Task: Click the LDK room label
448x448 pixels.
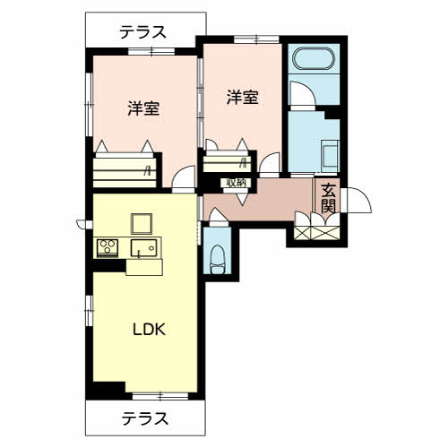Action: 149,330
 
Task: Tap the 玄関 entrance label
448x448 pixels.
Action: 328,198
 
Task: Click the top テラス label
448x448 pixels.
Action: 142,32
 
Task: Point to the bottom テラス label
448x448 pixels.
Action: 145,418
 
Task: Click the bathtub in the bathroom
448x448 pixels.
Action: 313,58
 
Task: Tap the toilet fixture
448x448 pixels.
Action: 218,259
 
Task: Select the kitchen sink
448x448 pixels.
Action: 143,247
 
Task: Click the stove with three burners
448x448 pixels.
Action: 108,247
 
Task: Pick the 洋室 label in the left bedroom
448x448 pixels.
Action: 143,108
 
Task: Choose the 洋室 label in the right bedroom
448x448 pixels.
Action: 242,98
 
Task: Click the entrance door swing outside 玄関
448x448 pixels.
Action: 357,200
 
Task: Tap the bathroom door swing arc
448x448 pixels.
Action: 303,93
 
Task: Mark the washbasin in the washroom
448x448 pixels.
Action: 330,155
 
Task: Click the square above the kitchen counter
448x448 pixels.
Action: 142,224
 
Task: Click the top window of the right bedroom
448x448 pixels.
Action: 256,39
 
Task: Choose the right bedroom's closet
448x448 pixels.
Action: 227,164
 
